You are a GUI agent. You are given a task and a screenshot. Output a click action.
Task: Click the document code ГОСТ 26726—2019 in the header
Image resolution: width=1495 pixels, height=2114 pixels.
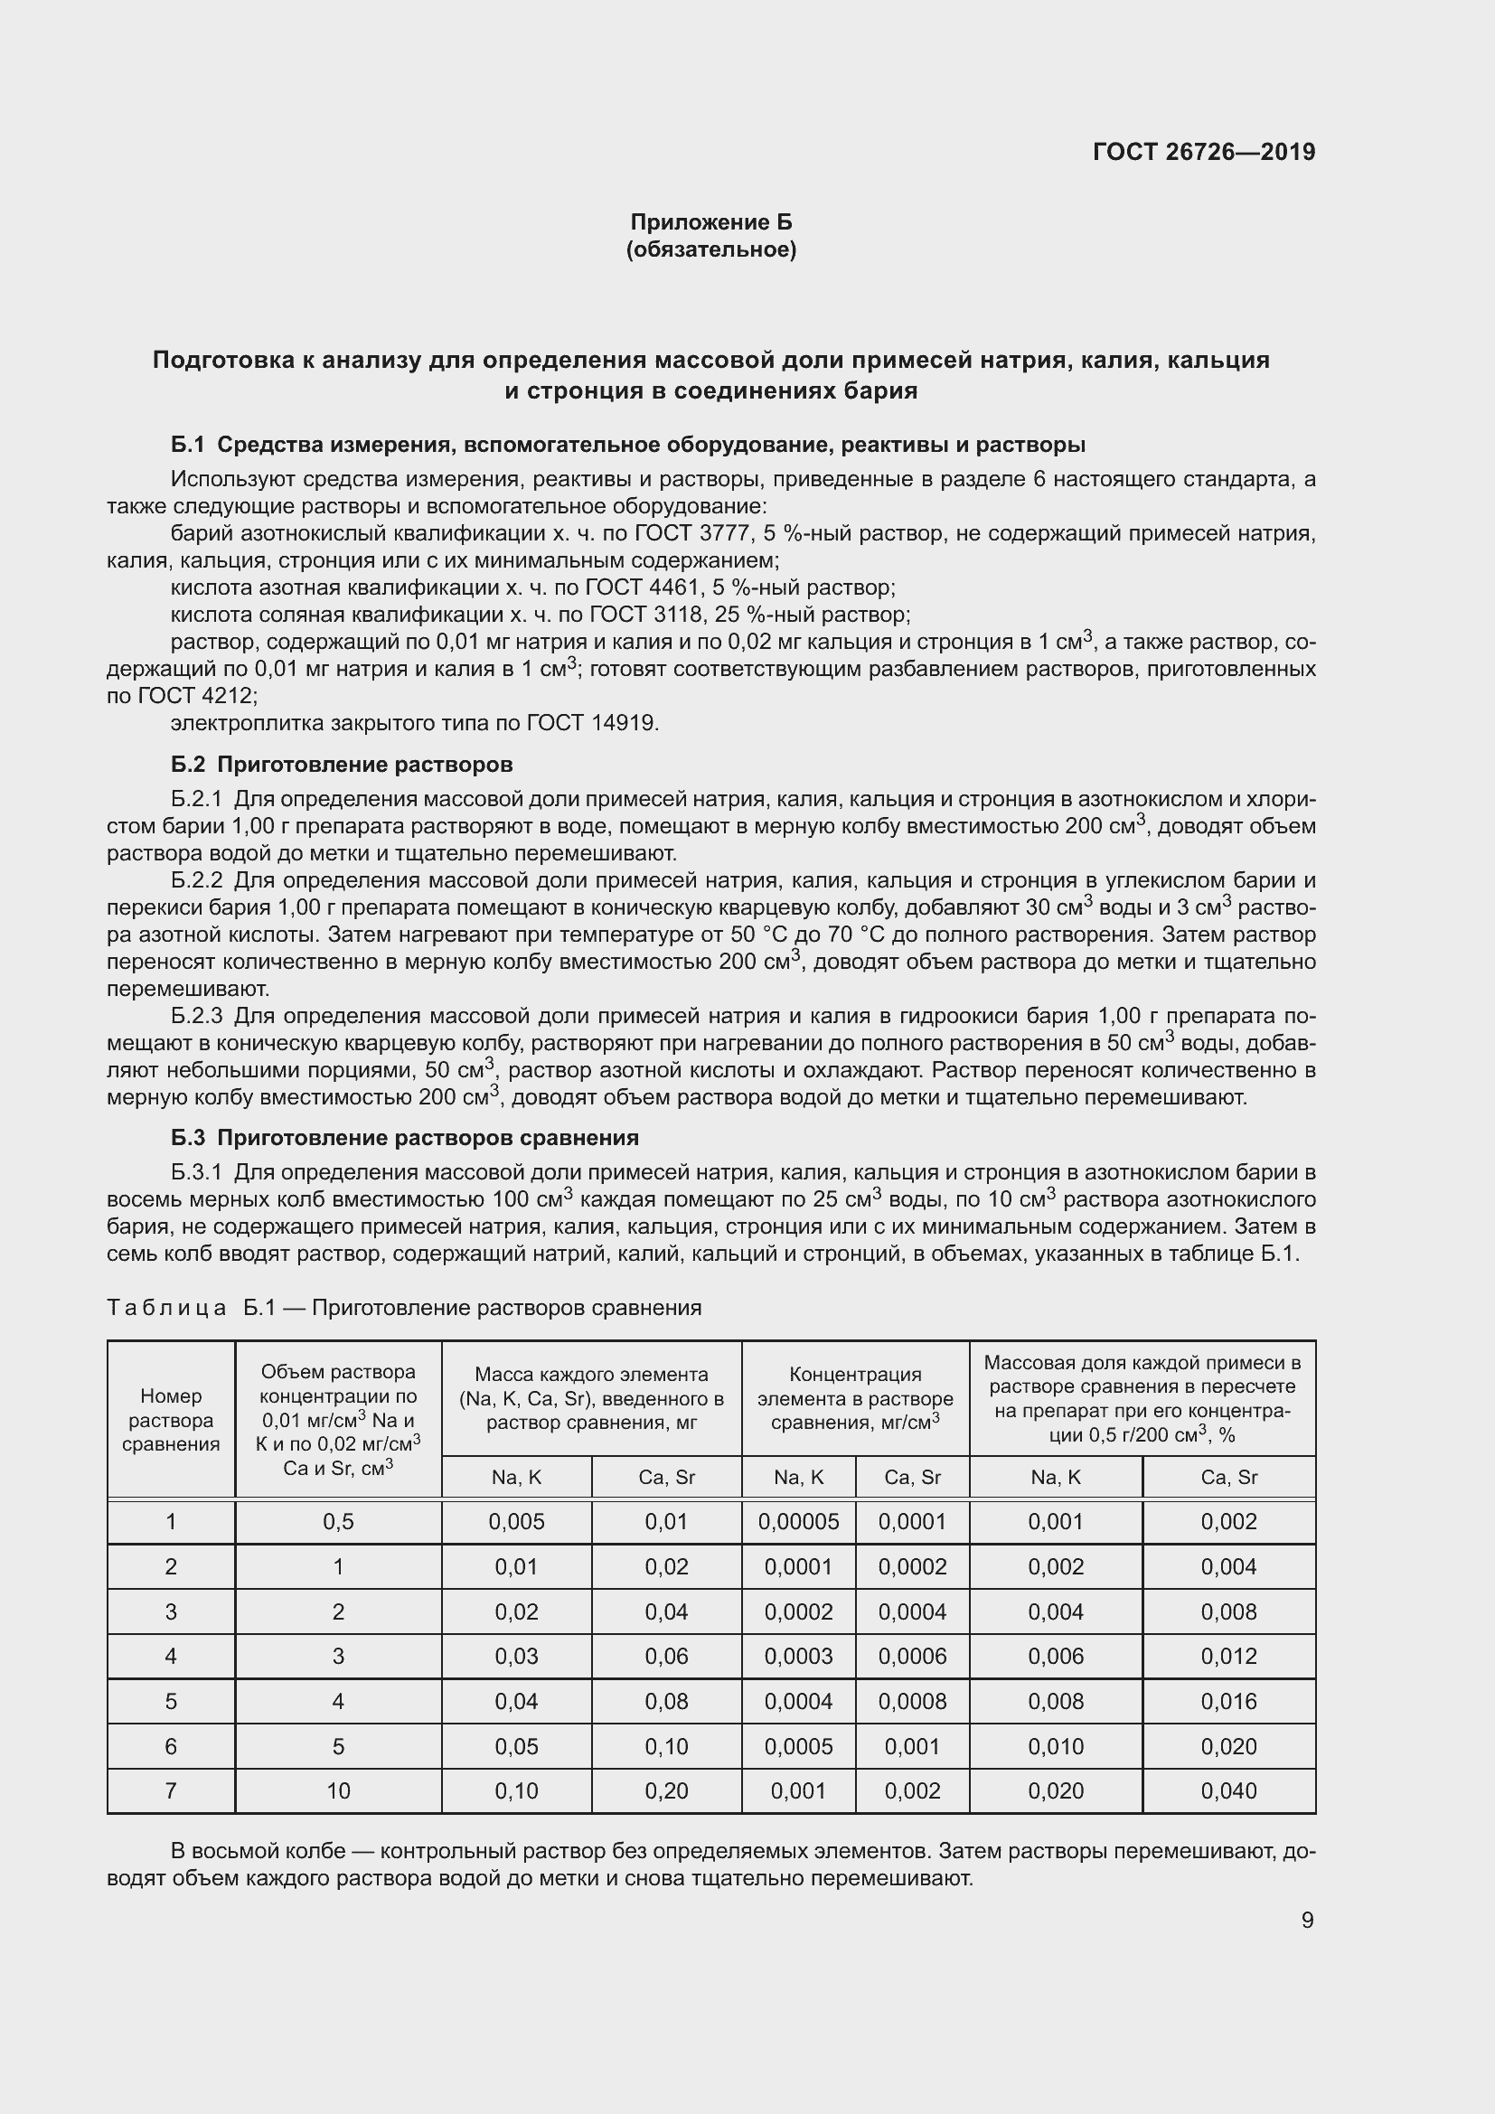[x=1203, y=152]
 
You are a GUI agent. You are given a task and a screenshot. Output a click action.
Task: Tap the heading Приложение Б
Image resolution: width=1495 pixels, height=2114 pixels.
[x=710, y=222]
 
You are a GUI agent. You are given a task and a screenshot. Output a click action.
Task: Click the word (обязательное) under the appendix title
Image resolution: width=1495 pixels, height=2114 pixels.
[x=710, y=249]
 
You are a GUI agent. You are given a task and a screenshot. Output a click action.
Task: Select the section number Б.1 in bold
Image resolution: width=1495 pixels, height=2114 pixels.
[x=187, y=445]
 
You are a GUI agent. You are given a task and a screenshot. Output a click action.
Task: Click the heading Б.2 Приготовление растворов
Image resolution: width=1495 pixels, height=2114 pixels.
[x=342, y=765]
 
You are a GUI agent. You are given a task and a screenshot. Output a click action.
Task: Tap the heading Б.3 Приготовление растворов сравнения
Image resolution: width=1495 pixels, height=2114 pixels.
[x=405, y=1137]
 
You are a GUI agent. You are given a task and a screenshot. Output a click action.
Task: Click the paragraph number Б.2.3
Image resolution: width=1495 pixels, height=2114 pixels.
[x=197, y=1016]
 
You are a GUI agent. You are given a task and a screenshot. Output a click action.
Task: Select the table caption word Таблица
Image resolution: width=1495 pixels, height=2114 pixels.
[x=166, y=1308]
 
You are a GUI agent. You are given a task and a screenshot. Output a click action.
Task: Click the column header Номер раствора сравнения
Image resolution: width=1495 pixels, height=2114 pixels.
[x=171, y=1420]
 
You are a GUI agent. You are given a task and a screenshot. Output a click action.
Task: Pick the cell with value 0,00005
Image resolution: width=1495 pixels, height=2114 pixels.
[x=798, y=1522]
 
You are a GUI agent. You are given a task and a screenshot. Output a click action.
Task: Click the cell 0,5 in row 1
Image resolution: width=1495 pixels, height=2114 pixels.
[x=338, y=1522]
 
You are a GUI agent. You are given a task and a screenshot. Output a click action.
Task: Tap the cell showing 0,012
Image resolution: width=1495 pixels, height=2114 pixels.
[x=1228, y=1657]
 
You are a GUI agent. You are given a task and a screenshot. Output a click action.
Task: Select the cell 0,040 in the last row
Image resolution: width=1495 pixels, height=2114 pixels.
[x=1228, y=1790]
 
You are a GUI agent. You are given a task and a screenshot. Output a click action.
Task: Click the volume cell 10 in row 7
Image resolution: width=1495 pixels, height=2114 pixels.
[x=338, y=1790]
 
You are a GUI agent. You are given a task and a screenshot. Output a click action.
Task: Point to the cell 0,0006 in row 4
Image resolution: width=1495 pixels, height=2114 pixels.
[x=911, y=1657]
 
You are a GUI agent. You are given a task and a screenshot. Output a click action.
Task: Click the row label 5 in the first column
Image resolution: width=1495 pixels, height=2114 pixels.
[x=171, y=1702]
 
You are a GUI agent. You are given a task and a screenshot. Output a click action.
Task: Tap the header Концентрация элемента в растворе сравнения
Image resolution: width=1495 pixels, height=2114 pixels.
[x=854, y=1398]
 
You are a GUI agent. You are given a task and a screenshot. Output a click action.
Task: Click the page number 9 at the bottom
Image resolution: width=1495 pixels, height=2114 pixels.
[x=1307, y=1921]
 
